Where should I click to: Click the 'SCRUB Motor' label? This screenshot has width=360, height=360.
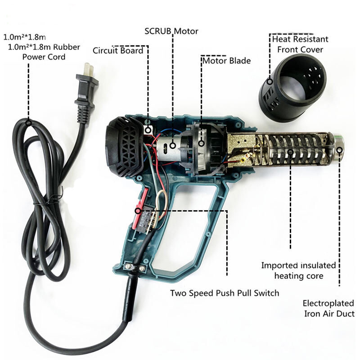[171, 31]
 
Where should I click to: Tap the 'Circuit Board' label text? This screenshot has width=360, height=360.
[118, 50]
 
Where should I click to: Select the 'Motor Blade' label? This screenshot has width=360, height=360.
[227, 61]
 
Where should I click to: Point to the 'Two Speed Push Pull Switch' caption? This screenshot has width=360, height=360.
[225, 293]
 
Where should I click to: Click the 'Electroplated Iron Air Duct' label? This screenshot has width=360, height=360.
[329, 308]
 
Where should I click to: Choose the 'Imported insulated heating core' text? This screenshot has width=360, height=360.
[298, 270]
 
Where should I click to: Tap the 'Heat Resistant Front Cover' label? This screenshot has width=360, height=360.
[300, 44]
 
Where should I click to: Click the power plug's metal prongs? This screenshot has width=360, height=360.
[89, 69]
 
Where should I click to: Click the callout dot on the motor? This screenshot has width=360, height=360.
[173, 145]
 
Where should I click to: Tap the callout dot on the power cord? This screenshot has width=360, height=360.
[28, 123]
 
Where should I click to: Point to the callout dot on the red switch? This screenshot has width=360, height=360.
[138, 211]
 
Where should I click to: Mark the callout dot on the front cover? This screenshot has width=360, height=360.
[270, 81]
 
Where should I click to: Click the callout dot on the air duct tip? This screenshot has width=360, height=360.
[340, 150]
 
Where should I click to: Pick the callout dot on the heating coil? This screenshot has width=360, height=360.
[290, 152]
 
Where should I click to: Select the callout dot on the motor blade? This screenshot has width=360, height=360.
[202, 144]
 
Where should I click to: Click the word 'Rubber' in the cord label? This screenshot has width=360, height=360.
[67, 47]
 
